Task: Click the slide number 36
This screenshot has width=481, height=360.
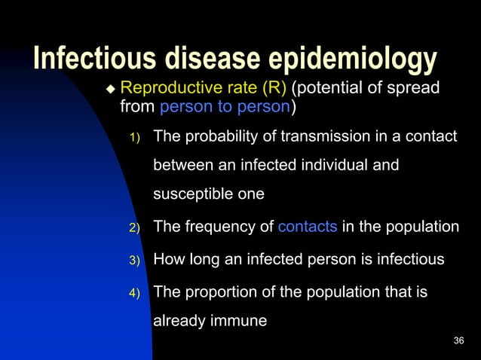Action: click(x=459, y=341)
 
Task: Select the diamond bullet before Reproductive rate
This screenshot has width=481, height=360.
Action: click(x=110, y=90)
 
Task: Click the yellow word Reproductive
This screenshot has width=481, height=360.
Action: click(x=165, y=90)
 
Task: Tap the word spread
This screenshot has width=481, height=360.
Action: click(x=417, y=90)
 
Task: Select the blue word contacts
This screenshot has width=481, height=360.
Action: click(x=308, y=226)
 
